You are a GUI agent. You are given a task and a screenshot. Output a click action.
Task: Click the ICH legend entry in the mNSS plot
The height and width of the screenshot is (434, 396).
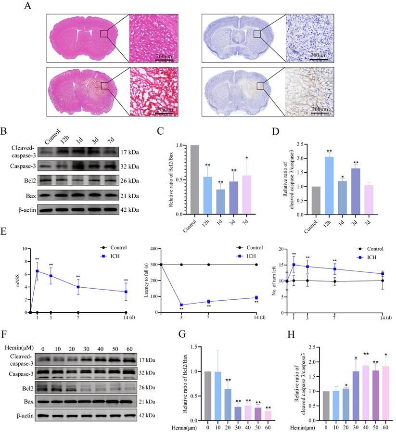(115, 256)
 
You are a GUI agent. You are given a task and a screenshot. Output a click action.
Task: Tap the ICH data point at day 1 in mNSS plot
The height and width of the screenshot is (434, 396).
(37, 271)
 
